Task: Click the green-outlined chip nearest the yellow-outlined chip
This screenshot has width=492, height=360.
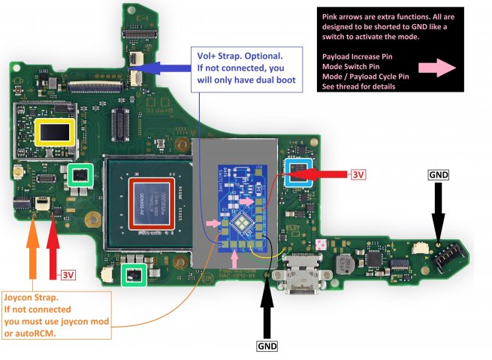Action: [80, 176]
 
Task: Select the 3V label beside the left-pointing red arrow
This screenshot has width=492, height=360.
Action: [358, 174]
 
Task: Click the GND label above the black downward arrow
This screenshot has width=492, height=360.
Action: [438, 174]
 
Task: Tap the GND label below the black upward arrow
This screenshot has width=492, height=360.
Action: [267, 346]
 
